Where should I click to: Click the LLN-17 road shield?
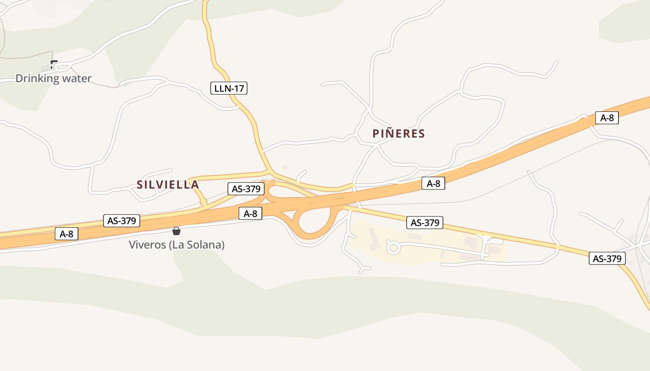pos(229,88)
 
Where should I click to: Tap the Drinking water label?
pos(53,78)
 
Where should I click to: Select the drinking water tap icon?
pos(54,64)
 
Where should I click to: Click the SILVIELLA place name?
pos(168,185)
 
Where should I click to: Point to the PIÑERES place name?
pos(398,134)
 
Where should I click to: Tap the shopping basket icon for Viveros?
pos(176,231)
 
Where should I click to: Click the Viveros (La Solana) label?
pos(176,244)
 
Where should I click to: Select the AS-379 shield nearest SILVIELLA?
pos(246,189)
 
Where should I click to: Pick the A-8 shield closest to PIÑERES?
pos(433,183)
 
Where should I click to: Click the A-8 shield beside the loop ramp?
pos(250,213)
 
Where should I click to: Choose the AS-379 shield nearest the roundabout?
pos(424,223)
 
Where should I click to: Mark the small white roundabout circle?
pos(394,248)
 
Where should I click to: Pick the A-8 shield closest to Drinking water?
pos(66,234)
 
